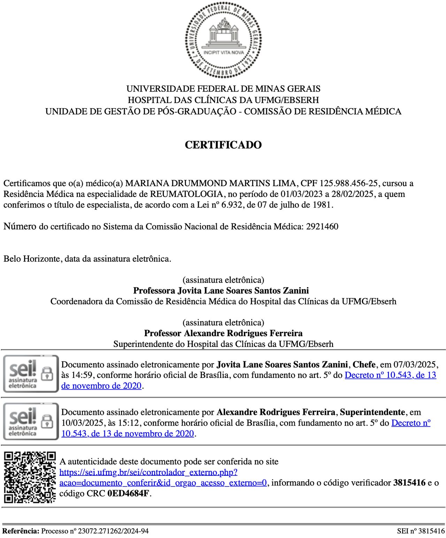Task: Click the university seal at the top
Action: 223,40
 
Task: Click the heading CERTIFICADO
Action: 223,145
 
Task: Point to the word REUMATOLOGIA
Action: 186,194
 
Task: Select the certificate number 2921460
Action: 322,227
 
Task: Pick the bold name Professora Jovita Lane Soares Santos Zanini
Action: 221,291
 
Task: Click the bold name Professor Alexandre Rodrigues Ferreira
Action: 223,333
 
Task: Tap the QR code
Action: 30,477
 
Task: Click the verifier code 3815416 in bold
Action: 409,483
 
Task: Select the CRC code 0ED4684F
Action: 128,493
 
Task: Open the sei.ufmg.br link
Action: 149,472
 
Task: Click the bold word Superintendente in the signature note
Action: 372,412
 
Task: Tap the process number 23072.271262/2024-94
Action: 113,531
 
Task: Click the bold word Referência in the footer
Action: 20,531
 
